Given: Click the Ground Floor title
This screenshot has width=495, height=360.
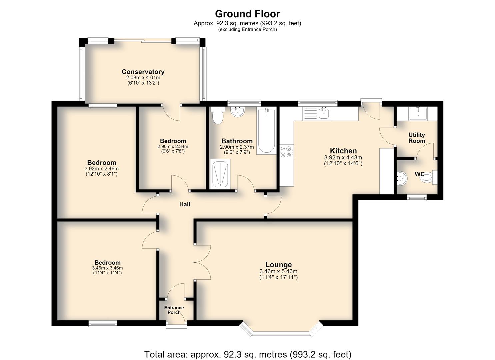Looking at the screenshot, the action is point(247,14).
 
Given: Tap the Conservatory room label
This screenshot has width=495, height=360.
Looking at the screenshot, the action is point(143,72).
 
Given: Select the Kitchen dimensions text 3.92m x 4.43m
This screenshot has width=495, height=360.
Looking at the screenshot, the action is point(343,158).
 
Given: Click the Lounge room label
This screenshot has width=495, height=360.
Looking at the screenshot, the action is point(278,265).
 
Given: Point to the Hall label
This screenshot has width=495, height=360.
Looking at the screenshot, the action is point(185,204).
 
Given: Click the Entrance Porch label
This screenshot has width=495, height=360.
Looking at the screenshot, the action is point(174,310).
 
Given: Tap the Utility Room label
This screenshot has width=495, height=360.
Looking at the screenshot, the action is point(417,138).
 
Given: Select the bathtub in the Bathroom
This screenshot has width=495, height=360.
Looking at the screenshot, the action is point(267,131).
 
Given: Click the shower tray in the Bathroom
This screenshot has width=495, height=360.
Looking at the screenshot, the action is point(220,174).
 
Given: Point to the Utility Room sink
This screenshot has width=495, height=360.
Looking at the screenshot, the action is point(418,114).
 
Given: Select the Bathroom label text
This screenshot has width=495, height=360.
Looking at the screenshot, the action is point(237,141).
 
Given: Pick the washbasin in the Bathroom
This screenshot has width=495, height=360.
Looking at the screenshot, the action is point(238,112).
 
